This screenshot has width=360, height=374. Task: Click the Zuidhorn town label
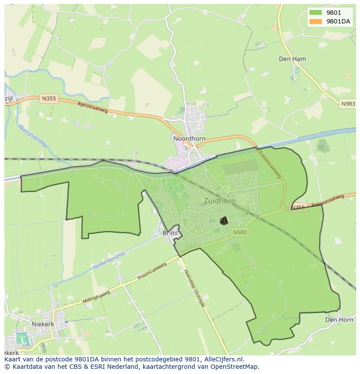(220, 201)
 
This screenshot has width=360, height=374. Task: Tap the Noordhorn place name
(189, 139)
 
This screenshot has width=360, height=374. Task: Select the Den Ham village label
(292, 59)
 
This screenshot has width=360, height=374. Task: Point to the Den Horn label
(339, 320)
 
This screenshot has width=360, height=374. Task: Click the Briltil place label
(170, 233)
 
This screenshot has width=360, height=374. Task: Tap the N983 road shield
(348, 104)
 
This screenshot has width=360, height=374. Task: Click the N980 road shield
(240, 232)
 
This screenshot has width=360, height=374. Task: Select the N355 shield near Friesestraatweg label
(298, 207)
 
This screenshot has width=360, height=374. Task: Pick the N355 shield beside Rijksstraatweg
(49, 99)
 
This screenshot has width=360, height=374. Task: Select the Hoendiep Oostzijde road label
(194, 288)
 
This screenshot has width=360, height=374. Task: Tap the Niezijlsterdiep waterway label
(32, 137)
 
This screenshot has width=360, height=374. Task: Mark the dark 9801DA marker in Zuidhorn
(223, 221)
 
